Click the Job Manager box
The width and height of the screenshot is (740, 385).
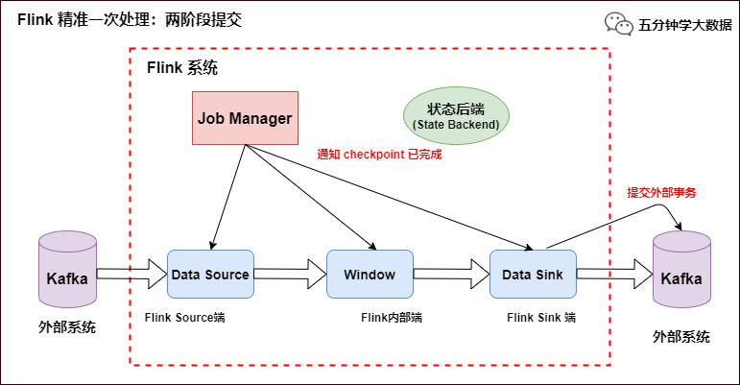(245, 118)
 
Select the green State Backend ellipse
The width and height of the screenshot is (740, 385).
(456, 116)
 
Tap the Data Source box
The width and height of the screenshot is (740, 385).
(210, 275)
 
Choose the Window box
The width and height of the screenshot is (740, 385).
(370, 275)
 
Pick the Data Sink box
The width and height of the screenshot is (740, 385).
(533, 275)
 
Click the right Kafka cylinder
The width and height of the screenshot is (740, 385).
(681, 274)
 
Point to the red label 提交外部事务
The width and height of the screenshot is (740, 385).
(661, 192)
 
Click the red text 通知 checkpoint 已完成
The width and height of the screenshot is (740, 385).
(379, 154)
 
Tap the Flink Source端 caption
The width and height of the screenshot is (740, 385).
(184, 317)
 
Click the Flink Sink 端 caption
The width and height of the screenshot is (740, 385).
(542, 317)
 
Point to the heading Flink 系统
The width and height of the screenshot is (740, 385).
(181, 68)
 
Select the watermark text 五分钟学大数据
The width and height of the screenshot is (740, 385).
(684, 25)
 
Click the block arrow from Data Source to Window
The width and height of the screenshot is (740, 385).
(290, 275)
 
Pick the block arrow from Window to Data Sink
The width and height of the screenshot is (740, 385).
(451, 275)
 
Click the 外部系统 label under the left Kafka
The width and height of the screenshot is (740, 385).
(67, 327)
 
